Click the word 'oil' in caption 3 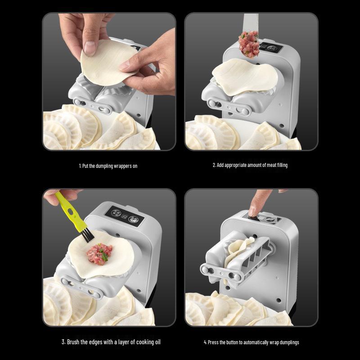point(157,342)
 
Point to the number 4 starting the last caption point(205,342)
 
